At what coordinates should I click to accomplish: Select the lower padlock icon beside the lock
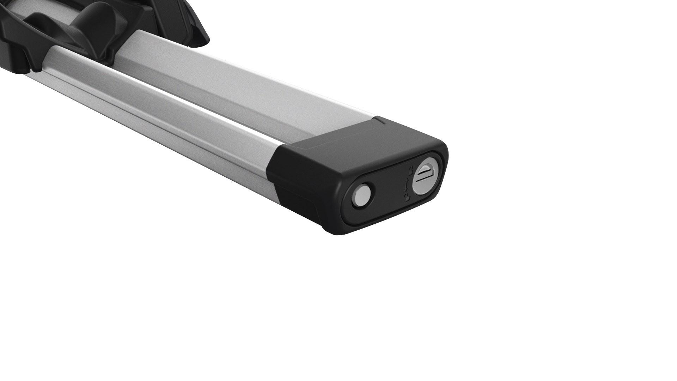(408, 198)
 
